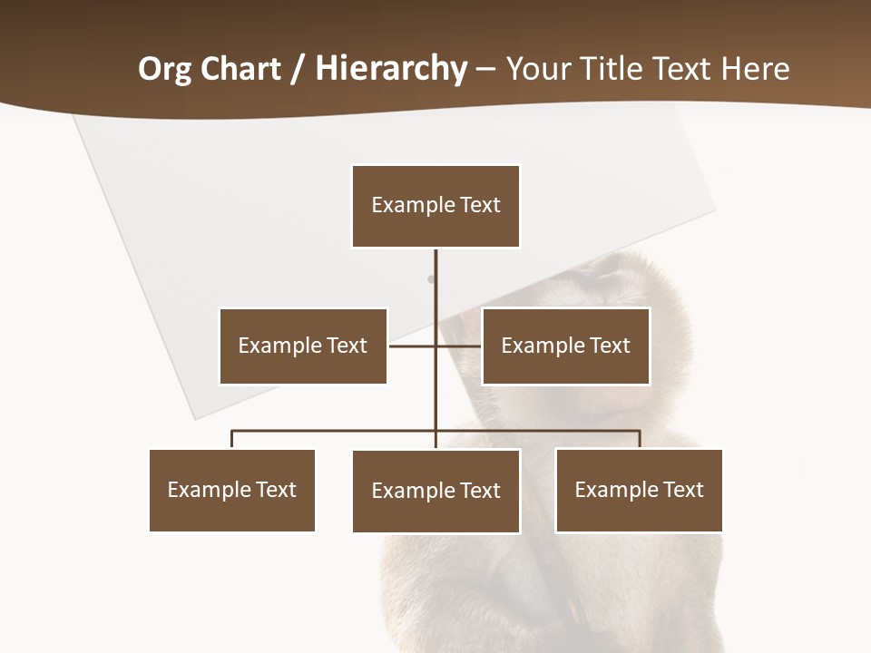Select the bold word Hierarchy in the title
tap(391, 69)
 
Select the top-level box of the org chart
tap(435, 206)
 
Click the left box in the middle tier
tap(303, 346)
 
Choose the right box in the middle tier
tap(565, 346)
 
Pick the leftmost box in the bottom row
tap(232, 490)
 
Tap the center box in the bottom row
tap(435, 491)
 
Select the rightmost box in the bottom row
tap(639, 490)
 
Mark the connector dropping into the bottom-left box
tap(232, 439)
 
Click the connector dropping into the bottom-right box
tap(640, 439)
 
